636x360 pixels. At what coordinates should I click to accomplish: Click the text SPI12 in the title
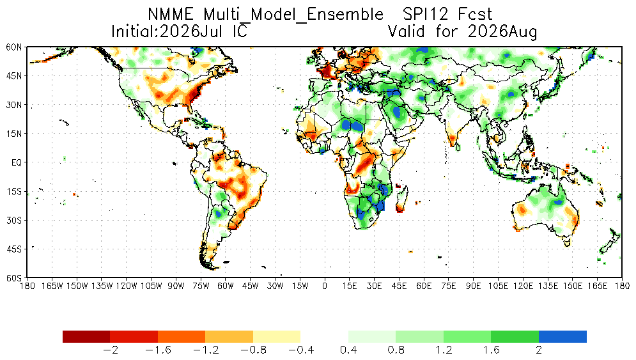pos(426,15)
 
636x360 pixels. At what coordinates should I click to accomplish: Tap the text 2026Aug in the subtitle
pos(502,32)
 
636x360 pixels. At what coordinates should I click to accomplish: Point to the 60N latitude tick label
pos(14,47)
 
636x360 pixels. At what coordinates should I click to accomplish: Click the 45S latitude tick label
pos(14,249)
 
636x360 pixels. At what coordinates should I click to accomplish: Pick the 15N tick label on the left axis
pos(14,134)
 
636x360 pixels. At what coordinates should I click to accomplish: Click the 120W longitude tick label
pos(127,286)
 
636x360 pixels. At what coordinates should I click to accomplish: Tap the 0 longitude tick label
pos(325,286)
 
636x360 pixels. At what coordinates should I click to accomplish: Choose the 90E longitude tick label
pos(473,286)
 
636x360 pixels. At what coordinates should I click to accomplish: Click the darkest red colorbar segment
pos(86,336)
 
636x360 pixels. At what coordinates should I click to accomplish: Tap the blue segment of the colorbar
pos(562,336)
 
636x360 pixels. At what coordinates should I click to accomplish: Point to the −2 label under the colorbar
pos(110,350)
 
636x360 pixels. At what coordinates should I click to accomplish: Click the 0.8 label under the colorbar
pos(396,350)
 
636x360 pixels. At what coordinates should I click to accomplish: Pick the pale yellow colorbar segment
pos(277,336)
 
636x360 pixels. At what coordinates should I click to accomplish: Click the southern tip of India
pos(453,146)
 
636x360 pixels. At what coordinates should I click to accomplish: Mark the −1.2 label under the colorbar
pos(205,350)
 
